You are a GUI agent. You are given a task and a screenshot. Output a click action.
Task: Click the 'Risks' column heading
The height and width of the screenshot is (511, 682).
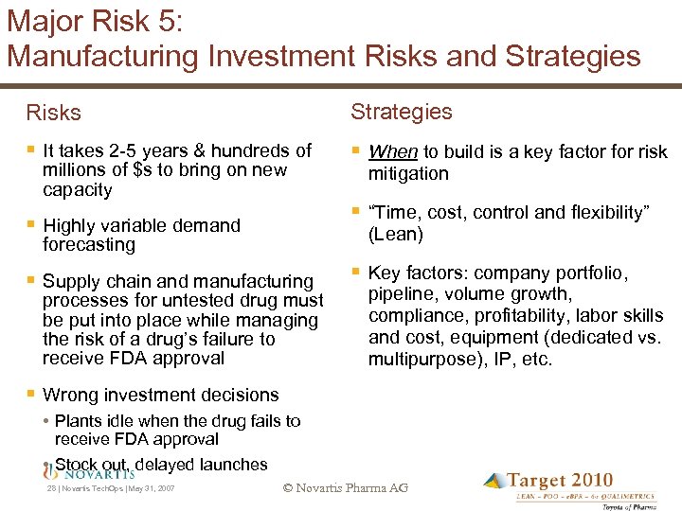click(54, 113)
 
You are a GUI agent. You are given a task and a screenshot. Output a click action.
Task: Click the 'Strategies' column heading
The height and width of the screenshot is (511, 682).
click(401, 112)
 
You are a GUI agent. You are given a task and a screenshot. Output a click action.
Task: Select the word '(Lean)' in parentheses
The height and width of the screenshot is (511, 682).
click(396, 235)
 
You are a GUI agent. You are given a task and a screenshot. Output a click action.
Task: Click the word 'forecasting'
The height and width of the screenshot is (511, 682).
click(89, 245)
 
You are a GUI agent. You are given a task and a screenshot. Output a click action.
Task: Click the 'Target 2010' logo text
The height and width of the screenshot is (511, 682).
click(560, 481)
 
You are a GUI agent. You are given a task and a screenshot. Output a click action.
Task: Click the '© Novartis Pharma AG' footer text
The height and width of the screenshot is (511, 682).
click(345, 488)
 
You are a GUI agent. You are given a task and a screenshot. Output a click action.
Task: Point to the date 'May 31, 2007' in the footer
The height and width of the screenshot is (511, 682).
click(151, 489)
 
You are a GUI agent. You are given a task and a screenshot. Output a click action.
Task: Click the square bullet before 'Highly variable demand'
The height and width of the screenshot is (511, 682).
click(30, 224)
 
